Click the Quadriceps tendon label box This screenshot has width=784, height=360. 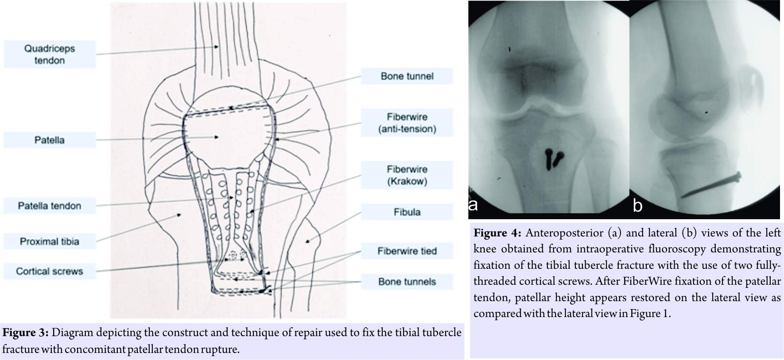[x=50, y=54]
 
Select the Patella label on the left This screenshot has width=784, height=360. [x=50, y=140]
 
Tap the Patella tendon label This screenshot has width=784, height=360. [x=50, y=206]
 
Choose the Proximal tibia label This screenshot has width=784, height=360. [x=50, y=242]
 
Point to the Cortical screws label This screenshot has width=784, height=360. [x=50, y=271]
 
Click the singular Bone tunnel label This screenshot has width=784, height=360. [x=407, y=76]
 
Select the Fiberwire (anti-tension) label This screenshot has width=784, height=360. [x=407, y=123]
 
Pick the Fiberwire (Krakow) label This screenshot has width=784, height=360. [x=407, y=175]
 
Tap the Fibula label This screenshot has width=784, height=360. [x=407, y=212]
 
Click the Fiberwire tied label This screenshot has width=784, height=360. [x=407, y=251]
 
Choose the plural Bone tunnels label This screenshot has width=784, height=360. [x=407, y=282]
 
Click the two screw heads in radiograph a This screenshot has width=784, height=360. [x=552, y=159]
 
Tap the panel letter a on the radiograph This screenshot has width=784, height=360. [x=473, y=205]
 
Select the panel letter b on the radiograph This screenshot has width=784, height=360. [x=637, y=206]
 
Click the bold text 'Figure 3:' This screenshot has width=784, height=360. [x=26, y=333]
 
